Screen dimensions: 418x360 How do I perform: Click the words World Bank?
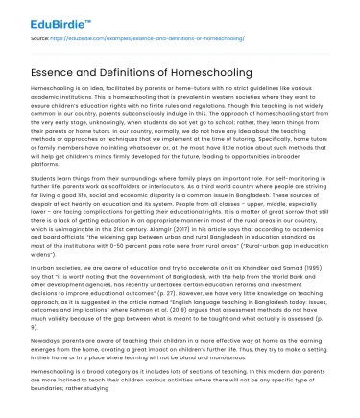pos(311,273)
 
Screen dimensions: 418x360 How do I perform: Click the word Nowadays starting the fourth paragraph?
pos(33,337)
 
